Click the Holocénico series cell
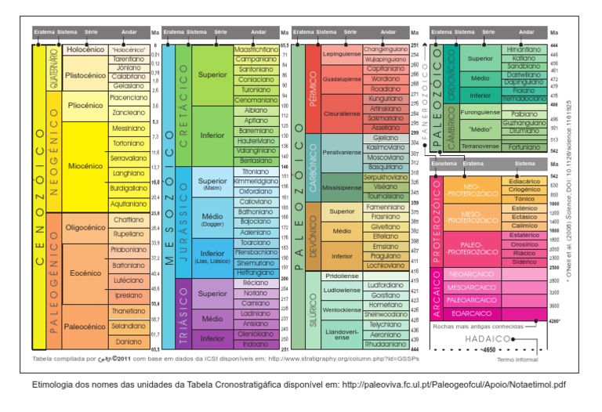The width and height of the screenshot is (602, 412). pos(85,49)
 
